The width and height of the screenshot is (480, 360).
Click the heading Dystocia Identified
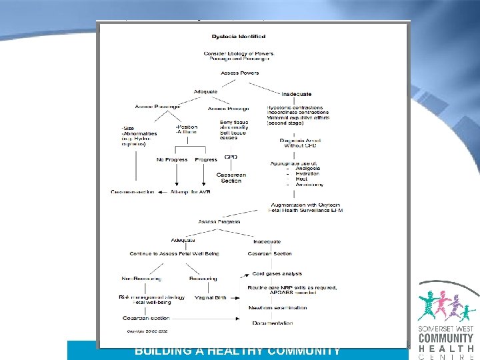[238, 36]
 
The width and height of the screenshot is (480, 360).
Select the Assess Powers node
[238, 73]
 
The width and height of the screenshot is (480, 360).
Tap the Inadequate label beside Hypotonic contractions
[296, 94]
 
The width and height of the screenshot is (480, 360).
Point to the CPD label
[231, 157]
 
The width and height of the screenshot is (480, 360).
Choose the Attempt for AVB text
[191, 192]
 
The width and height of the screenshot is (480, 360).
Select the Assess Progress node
[219, 221]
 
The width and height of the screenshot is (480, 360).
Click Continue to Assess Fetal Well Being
[174, 253]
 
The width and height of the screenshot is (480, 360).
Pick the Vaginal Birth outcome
[211, 297]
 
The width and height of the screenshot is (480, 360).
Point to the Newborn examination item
[278, 308]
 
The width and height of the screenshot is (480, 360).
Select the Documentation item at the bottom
[272, 323]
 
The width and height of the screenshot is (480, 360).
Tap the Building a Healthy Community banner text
[238, 351]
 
